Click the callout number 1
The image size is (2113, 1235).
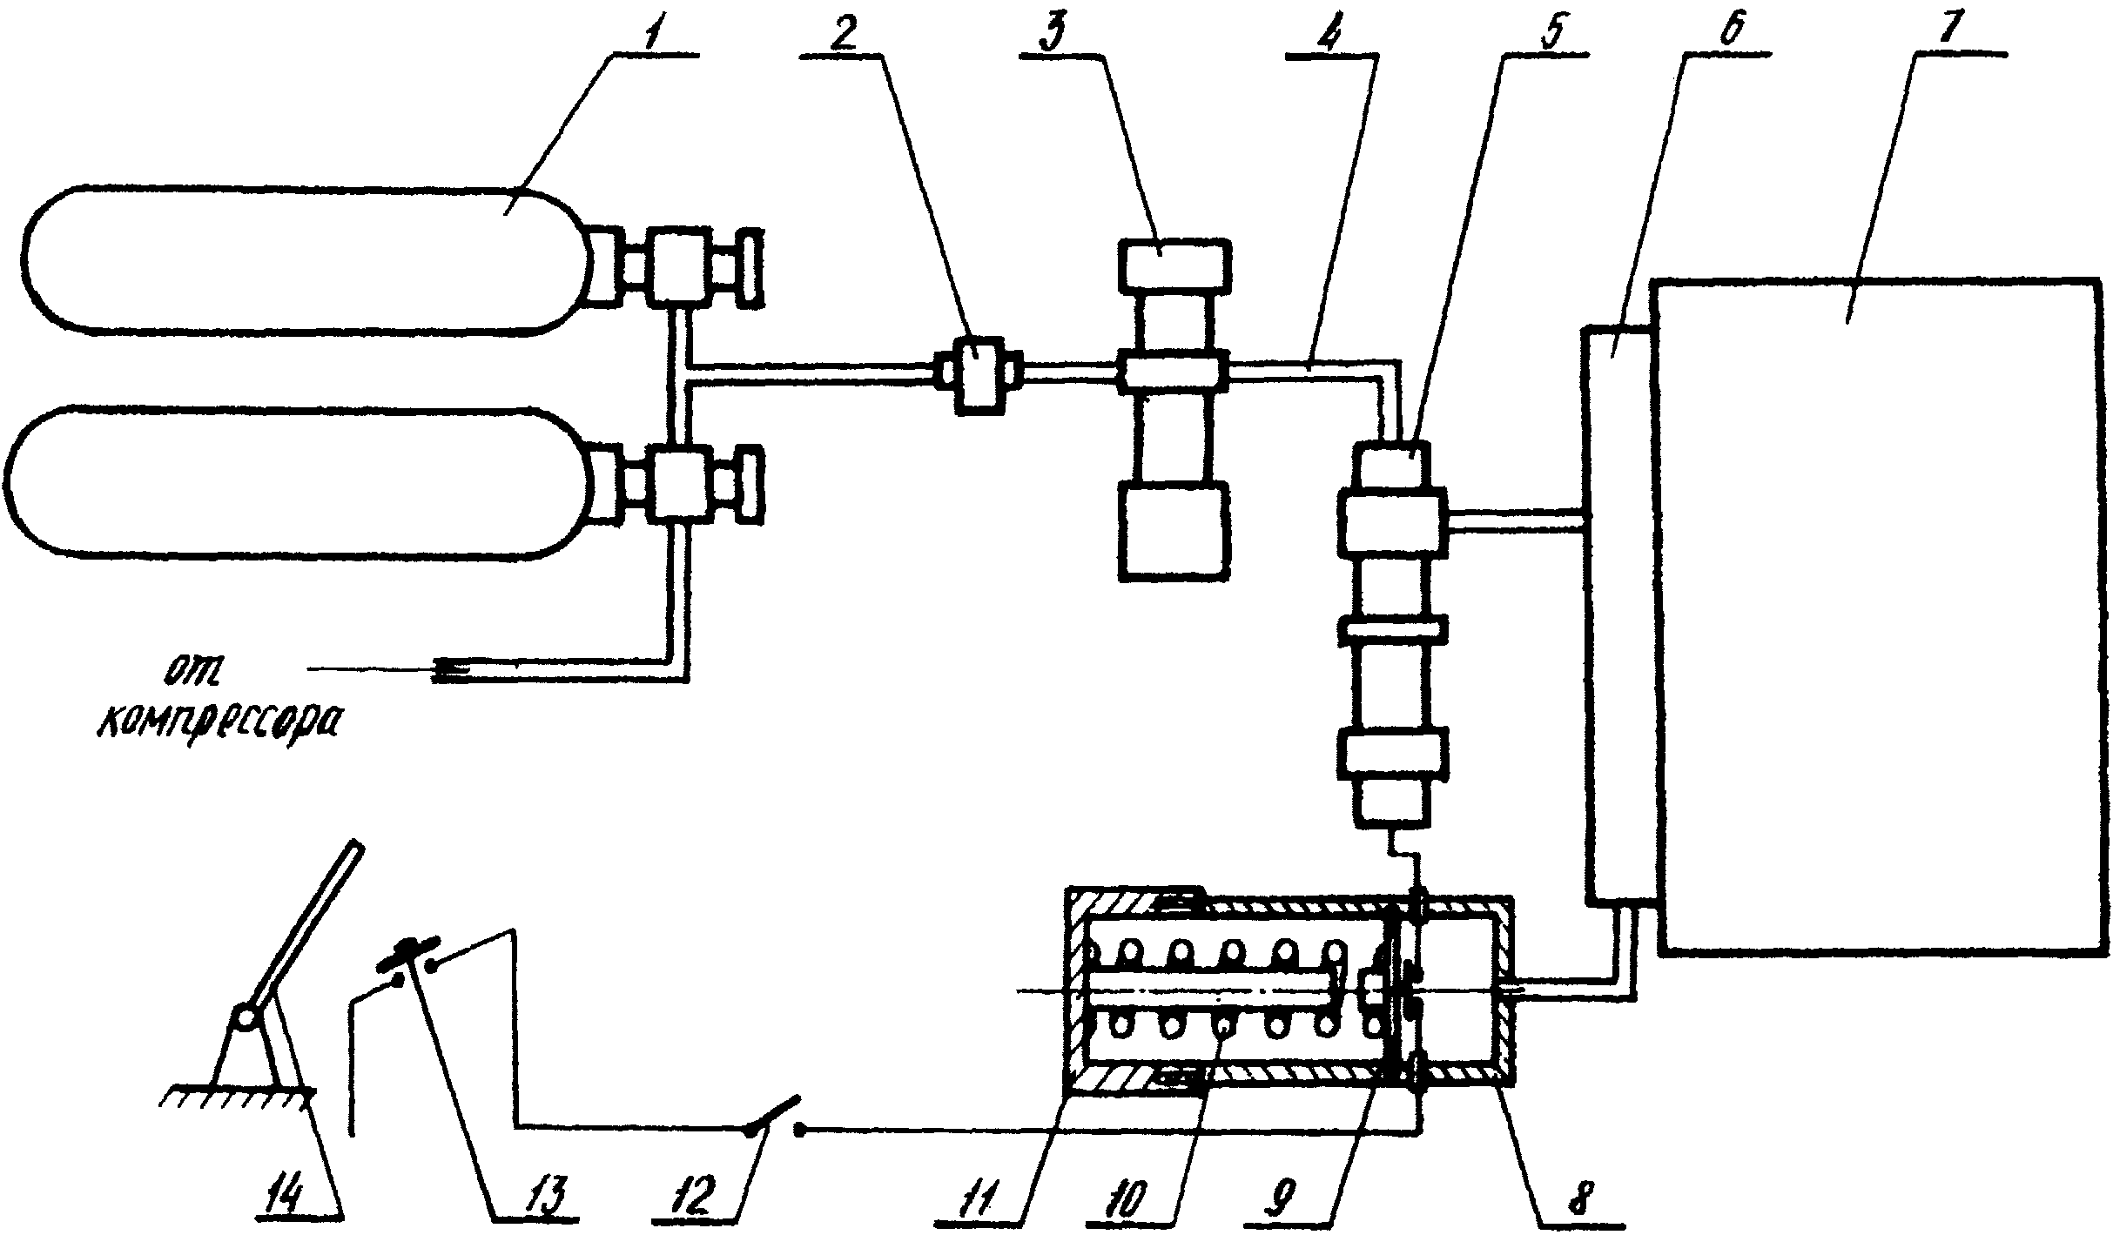tap(652, 32)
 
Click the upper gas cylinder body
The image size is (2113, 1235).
tap(305, 258)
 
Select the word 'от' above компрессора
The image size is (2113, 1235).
tap(193, 671)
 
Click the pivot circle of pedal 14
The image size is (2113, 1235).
tap(245, 1017)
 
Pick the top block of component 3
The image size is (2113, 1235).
tap(1174, 265)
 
